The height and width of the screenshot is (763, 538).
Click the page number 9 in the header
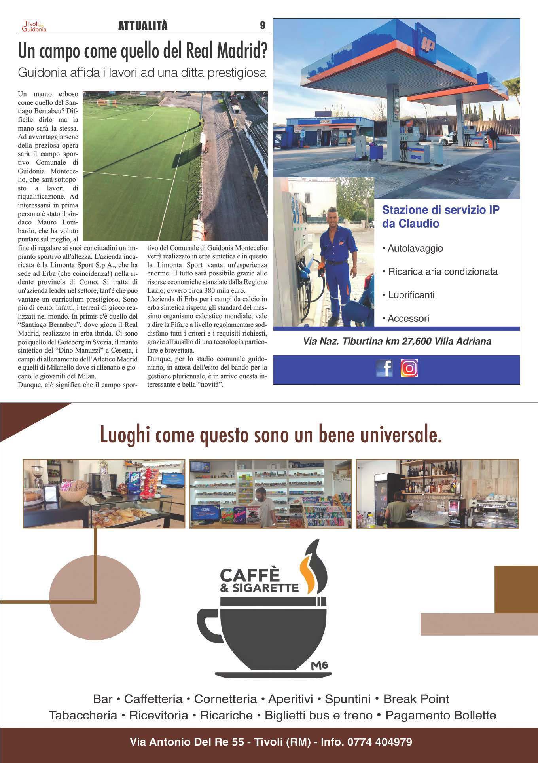coord(263,26)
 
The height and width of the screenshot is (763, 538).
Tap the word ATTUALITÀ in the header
coord(143,26)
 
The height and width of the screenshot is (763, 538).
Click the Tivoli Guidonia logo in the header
coord(34,26)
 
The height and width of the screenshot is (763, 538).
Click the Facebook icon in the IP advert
coord(384,368)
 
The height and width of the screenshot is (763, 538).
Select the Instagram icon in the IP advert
coord(409,368)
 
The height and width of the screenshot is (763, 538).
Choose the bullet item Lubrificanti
coord(411,295)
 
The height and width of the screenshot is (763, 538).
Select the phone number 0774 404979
coord(379,742)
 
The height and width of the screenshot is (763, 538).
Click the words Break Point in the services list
coord(416,699)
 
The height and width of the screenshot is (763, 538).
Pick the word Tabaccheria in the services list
coord(83,716)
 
